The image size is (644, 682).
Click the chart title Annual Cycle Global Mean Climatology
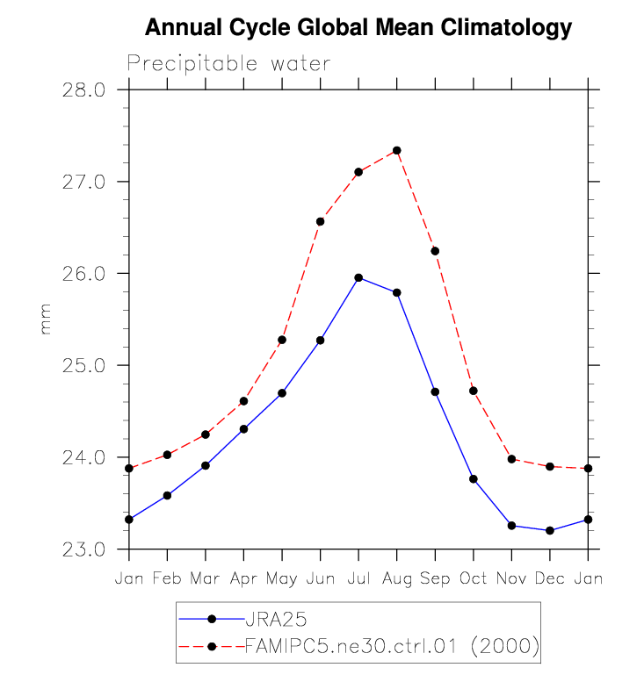coord(358,28)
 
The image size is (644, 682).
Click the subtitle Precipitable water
coord(228,64)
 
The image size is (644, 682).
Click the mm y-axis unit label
coord(47,319)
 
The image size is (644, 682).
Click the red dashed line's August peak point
coord(397,150)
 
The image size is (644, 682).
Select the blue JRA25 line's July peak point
coord(358,277)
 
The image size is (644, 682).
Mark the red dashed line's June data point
coord(321,221)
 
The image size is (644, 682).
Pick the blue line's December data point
coord(550,530)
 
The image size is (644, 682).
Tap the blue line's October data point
coord(474,478)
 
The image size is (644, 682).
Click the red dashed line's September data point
coord(435,251)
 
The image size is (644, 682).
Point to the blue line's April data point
coord(244,428)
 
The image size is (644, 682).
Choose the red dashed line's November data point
coord(511,459)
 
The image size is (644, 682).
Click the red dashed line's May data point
coord(282,340)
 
